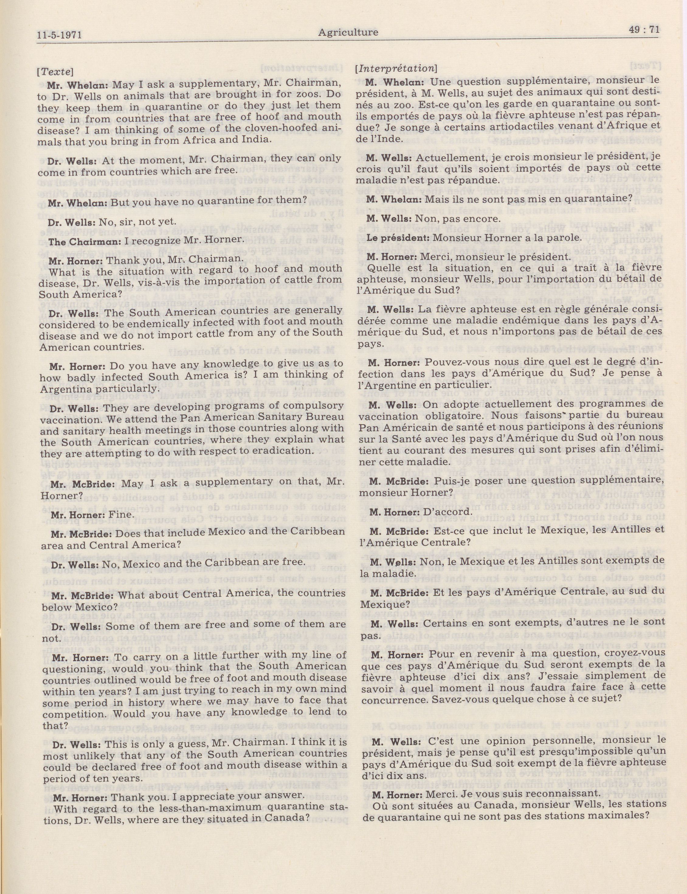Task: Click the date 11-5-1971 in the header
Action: point(59,35)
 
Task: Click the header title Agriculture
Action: point(348,32)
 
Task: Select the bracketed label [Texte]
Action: point(55,71)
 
